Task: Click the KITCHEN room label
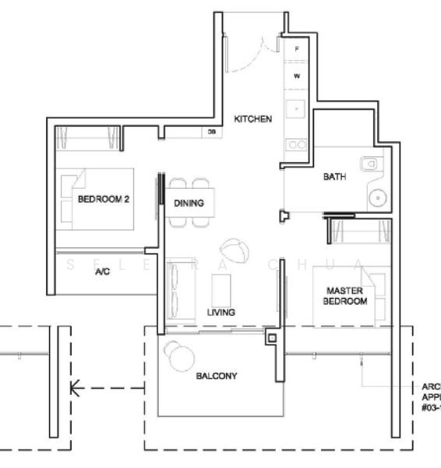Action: pos(253,119)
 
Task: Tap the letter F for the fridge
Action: pos(297,49)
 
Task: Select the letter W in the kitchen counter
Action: pos(297,76)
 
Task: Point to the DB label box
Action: pos(211,133)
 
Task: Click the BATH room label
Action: pos(335,177)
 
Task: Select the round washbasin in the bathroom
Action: pos(378,198)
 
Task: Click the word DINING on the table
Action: pos(189,204)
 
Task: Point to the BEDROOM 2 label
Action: pos(104,199)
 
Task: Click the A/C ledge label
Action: pos(102,272)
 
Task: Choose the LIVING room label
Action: pos(221,312)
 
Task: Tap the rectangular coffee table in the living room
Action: pos(222,289)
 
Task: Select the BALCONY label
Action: pos(217,376)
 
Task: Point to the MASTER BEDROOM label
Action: pos(346,296)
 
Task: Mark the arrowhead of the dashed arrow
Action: pos(74,388)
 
